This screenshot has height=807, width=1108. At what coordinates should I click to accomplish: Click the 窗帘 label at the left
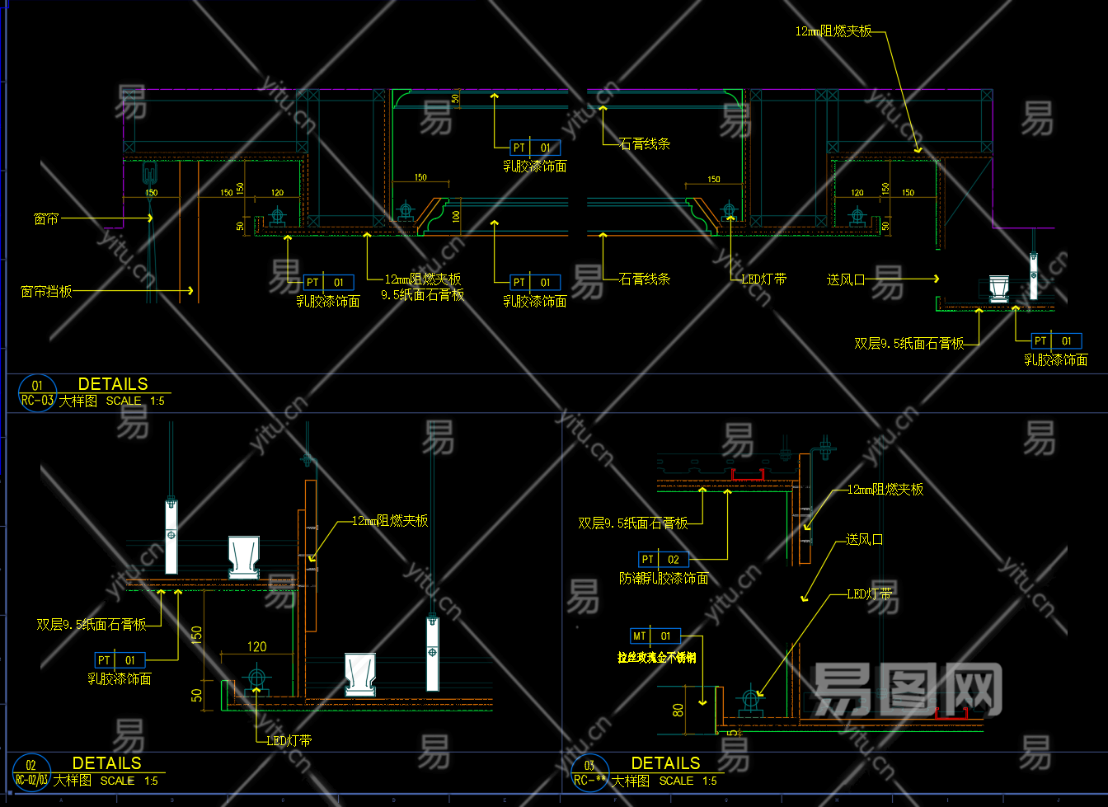click(x=46, y=219)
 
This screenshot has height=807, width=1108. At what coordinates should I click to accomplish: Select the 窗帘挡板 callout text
click(x=46, y=292)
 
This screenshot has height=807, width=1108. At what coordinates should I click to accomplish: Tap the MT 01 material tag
click(x=655, y=636)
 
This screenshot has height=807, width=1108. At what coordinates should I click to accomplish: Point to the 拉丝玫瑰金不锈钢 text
click(x=656, y=658)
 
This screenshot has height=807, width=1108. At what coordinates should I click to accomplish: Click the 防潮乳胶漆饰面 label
click(x=664, y=579)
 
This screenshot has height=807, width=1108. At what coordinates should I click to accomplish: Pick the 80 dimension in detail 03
click(x=678, y=710)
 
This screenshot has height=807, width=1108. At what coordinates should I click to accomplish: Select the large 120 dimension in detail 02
click(x=257, y=647)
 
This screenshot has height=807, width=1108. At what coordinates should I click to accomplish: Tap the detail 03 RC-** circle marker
click(x=590, y=772)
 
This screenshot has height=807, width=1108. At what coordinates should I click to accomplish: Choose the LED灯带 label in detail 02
click(x=289, y=741)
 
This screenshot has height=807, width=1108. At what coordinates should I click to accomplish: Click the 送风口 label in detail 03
click(x=864, y=540)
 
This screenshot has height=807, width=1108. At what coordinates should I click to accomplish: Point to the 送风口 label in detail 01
click(x=846, y=279)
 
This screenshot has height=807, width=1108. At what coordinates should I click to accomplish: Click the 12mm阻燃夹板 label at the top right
click(x=833, y=31)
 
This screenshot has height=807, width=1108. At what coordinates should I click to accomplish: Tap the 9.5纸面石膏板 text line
click(x=422, y=295)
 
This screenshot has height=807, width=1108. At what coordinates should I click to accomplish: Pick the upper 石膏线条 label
click(x=645, y=144)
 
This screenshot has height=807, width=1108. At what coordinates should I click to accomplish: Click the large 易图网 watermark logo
click(x=907, y=691)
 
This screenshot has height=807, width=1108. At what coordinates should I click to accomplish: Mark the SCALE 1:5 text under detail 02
click(x=129, y=781)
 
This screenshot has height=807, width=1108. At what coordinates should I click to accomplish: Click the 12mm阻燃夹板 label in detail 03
click(x=885, y=490)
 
